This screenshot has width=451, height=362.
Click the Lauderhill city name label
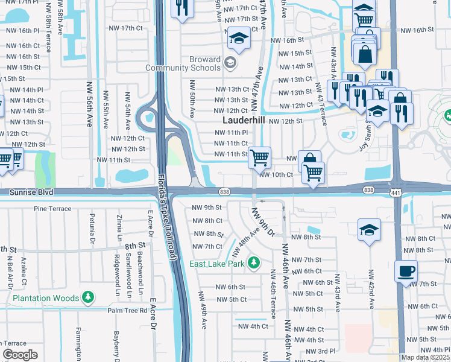click(239, 121)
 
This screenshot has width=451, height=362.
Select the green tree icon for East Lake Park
click(254, 262)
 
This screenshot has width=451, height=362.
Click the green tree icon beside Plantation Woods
click(89, 297)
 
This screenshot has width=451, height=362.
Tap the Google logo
click(20, 354)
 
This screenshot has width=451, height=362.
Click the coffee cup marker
click(406, 271)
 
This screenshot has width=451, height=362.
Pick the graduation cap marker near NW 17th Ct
click(239, 39)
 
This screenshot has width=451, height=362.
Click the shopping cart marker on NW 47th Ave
click(259, 158)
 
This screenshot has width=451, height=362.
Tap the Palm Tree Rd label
click(127, 310)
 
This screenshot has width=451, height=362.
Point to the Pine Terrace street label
click(53, 209)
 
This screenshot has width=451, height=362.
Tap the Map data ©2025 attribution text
click(426, 357)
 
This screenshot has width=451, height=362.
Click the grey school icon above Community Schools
click(230, 62)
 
